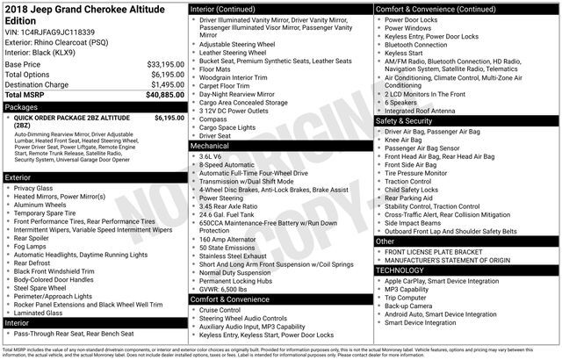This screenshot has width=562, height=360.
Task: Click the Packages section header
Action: click(22, 105)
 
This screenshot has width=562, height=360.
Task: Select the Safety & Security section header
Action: click(408, 120)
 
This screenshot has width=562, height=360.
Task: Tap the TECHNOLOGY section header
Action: click(405, 270)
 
